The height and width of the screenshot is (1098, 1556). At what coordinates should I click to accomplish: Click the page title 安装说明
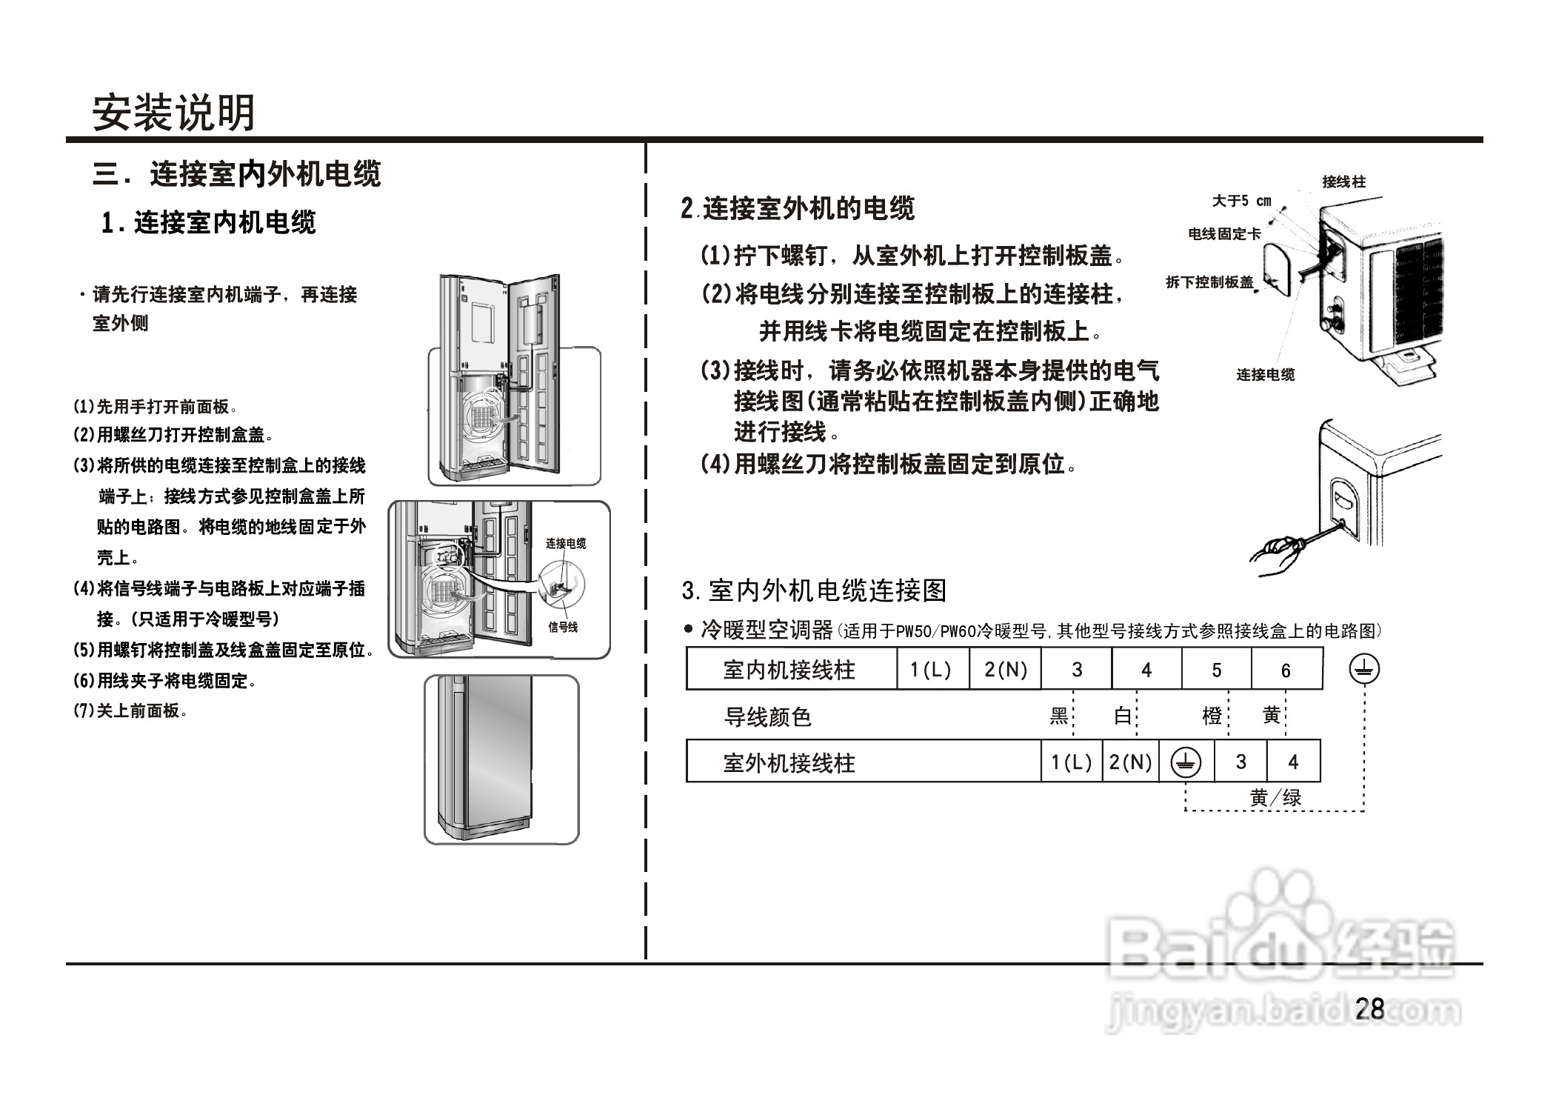(173, 113)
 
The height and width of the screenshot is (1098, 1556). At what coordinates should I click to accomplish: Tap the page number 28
(1369, 1008)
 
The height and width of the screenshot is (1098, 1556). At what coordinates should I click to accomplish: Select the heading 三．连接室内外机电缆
(236, 174)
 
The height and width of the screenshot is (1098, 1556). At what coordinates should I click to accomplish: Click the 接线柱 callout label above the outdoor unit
(1343, 182)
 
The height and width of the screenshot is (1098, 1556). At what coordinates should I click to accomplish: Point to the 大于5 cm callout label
(1241, 201)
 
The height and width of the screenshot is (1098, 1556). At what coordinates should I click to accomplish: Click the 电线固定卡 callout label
(1224, 234)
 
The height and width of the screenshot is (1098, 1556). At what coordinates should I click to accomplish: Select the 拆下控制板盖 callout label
(1209, 282)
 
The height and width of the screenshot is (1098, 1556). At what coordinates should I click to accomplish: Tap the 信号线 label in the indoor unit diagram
(563, 627)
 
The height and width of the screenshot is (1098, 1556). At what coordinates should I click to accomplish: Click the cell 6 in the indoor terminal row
(1286, 670)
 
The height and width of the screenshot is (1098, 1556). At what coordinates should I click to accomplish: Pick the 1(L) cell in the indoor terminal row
(931, 670)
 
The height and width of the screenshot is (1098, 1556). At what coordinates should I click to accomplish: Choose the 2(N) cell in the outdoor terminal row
(1130, 762)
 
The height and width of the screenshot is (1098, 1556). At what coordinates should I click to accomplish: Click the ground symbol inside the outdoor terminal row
(1186, 762)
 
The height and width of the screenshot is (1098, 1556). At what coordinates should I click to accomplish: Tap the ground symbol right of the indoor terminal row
(1363, 669)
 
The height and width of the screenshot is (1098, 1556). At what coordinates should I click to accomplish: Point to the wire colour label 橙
(1212, 716)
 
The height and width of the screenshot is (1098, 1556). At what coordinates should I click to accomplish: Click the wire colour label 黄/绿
(1275, 798)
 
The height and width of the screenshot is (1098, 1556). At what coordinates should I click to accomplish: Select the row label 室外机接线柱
(789, 762)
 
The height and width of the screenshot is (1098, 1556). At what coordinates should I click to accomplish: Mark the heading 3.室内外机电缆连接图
(814, 590)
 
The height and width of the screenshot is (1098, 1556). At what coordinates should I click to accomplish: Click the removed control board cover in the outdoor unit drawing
(1278, 271)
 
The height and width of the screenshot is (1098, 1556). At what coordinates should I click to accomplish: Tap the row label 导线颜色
(767, 716)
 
